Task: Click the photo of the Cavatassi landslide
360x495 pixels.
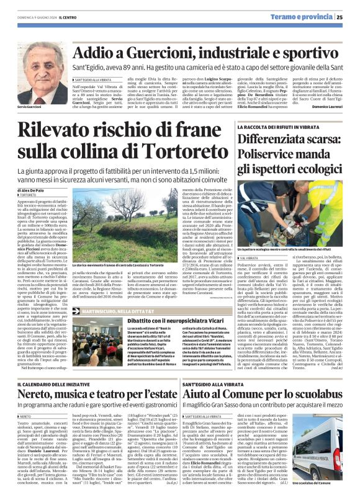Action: point(128,210)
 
